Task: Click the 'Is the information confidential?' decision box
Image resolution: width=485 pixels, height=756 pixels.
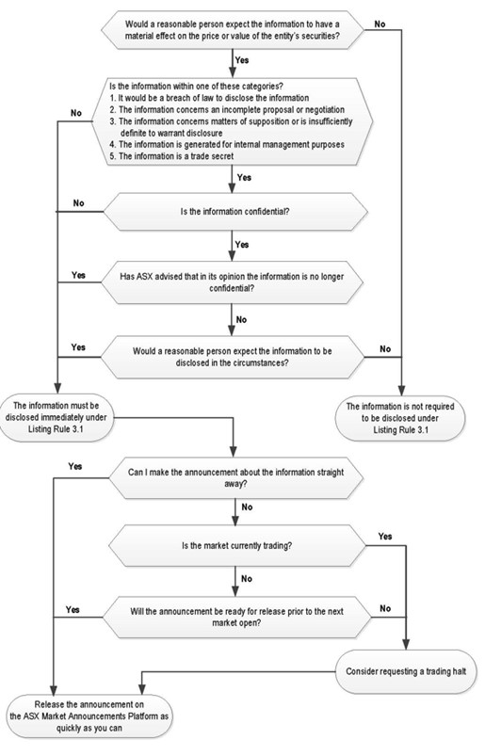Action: (x=235, y=212)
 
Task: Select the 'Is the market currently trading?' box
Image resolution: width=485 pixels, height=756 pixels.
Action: (x=236, y=546)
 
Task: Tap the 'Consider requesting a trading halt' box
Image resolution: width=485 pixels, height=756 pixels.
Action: (x=406, y=671)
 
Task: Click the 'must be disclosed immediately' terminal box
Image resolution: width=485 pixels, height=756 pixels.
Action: (x=57, y=417)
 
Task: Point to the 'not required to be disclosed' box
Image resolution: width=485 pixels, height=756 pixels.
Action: (x=400, y=418)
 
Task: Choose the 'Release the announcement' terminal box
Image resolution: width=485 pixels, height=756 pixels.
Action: (x=89, y=716)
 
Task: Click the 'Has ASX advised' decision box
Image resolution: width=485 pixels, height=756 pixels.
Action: (x=232, y=282)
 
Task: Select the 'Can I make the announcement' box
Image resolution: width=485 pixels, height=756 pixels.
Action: (x=235, y=478)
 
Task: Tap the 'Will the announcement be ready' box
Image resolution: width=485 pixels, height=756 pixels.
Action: (x=236, y=618)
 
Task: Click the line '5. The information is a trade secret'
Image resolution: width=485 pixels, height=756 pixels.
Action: (x=171, y=156)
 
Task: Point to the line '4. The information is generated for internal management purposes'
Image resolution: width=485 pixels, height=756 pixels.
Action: (x=227, y=144)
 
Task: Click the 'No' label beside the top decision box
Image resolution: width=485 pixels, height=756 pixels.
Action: (x=380, y=24)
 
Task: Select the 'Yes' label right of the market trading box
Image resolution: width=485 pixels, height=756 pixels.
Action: (x=385, y=536)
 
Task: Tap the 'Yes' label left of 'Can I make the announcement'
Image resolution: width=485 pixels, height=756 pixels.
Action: (x=75, y=466)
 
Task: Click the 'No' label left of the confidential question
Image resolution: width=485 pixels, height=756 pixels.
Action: (x=78, y=203)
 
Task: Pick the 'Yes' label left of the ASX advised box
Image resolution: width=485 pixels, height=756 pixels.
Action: (x=78, y=275)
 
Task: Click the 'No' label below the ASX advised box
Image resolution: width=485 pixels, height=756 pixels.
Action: (x=241, y=320)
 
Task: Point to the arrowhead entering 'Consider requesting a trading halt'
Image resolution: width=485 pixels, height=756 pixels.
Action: (x=406, y=645)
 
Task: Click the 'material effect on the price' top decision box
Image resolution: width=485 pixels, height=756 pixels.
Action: (x=233, y=30)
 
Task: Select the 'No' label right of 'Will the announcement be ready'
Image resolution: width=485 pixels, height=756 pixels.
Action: (x=385, y=608)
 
